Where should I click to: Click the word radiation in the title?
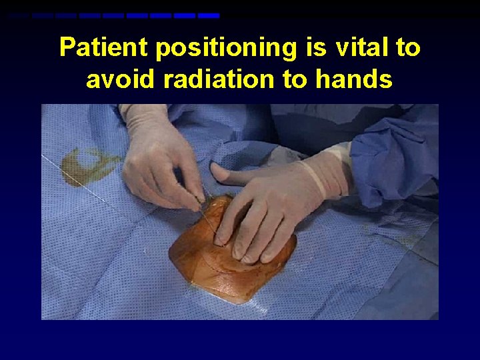point(215,79)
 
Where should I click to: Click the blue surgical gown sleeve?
point(393,160)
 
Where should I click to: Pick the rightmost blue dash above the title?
point(209,15)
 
